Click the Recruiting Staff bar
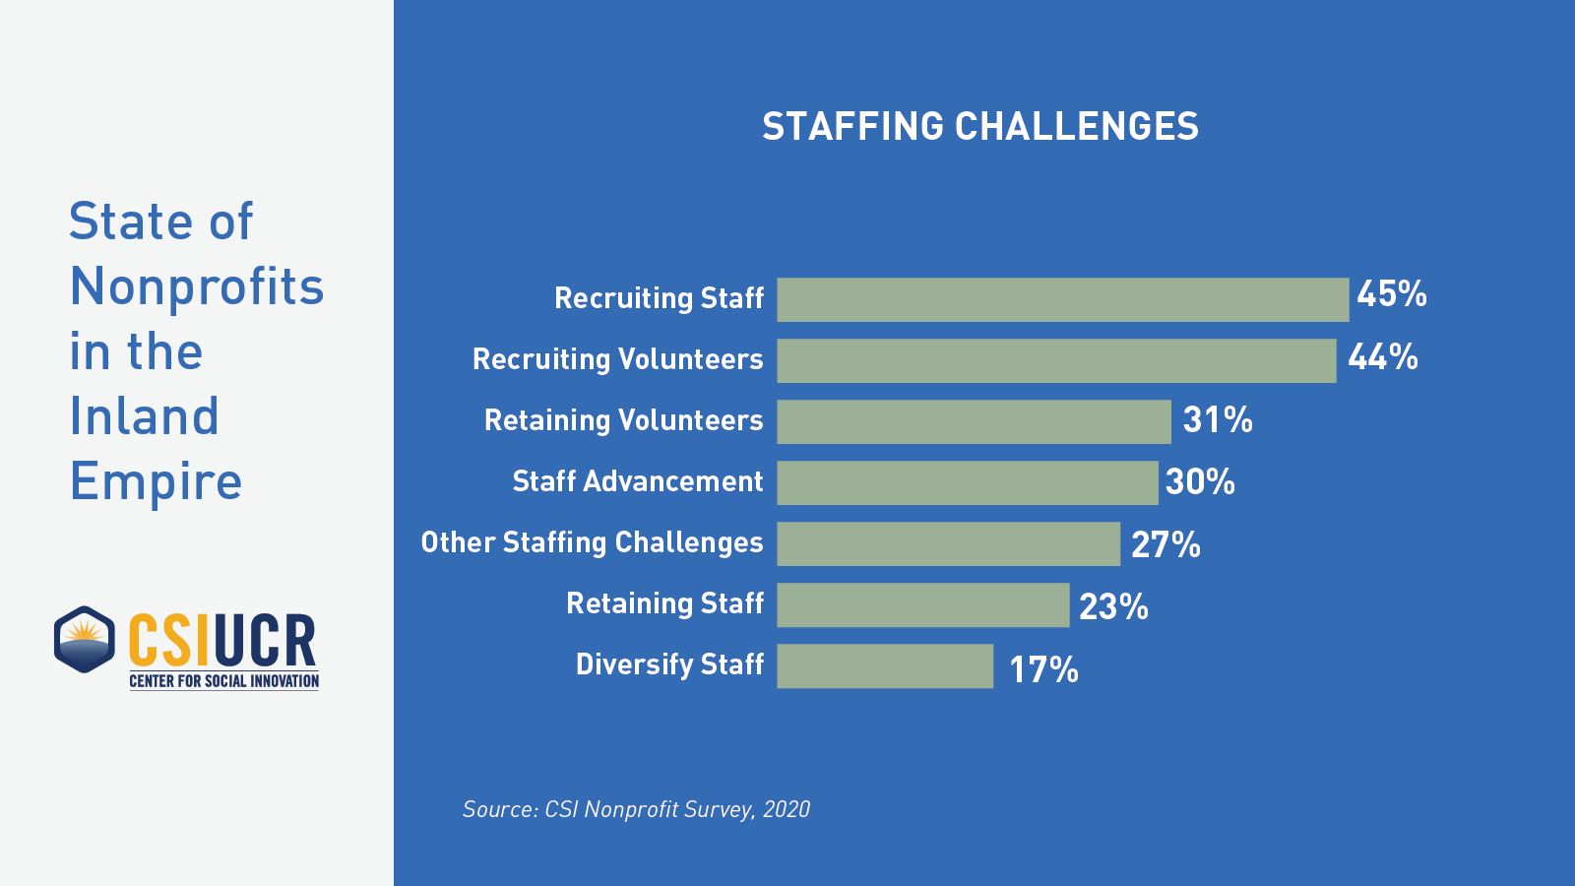[x=1062, y=299]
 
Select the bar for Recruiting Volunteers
[x=1056, y=360]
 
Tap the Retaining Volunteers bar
[x=974, y=421]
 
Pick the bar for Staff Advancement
[x=967, y=482]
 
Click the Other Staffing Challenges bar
[x=948, y=543]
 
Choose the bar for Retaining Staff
[x=922, y=604]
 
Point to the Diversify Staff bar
[x=885, y=665]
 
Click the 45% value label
[x=1391, y=293]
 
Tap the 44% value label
[x=1382, y=356]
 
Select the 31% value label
[x=1217, y=420]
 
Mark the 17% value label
[x=1043, y=669]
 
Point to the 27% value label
[x=1165, y=544]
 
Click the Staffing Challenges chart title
[x=980, y=126]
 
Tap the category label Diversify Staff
[x=669, y=664]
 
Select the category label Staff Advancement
[x=637, y=481]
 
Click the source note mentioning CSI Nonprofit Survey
[x=636, y=809]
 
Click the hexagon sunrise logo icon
[x=85, y=640]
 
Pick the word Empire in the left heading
[x=156, y=481]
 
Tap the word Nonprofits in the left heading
[x=197, y=286]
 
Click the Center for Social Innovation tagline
[x=224, y=681]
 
